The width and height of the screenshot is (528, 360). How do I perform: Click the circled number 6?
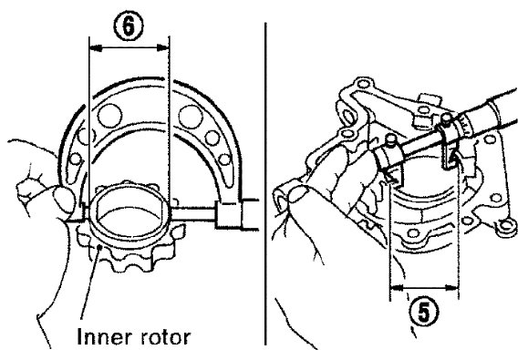[x=129, y=26]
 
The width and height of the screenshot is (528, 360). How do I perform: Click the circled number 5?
[x=424, y=312]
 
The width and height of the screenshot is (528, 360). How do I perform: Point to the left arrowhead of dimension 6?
[x=96, y=49]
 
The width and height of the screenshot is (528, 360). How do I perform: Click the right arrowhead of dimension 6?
[x=163, y=49]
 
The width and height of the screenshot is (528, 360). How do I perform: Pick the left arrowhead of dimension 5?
[x=397, y=288]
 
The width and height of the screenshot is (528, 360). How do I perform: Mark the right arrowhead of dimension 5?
[x=451, y=288]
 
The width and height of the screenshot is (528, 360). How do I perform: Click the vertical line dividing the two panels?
[x=265, y=184]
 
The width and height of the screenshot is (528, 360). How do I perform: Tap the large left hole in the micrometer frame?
[x=109, y=116]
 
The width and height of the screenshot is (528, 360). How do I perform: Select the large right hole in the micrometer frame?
[x=191, y=117]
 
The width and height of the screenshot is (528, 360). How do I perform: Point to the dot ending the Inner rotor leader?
[x=99, y=248]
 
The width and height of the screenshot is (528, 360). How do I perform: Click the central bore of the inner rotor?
[x=128, y=214]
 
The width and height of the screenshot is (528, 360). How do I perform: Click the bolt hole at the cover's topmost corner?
[x=362, y=83]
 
